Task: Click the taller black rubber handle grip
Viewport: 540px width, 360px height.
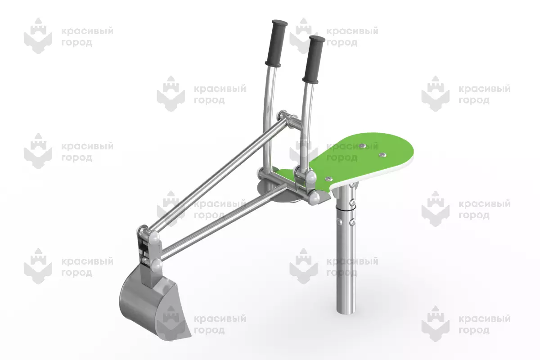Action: pyautogui.click(x=276, y=43)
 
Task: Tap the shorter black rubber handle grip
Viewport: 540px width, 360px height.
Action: pyautogui.click(x=314, y=59)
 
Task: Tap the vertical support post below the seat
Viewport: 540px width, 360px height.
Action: pyautogui.click(x=345, y=251)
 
